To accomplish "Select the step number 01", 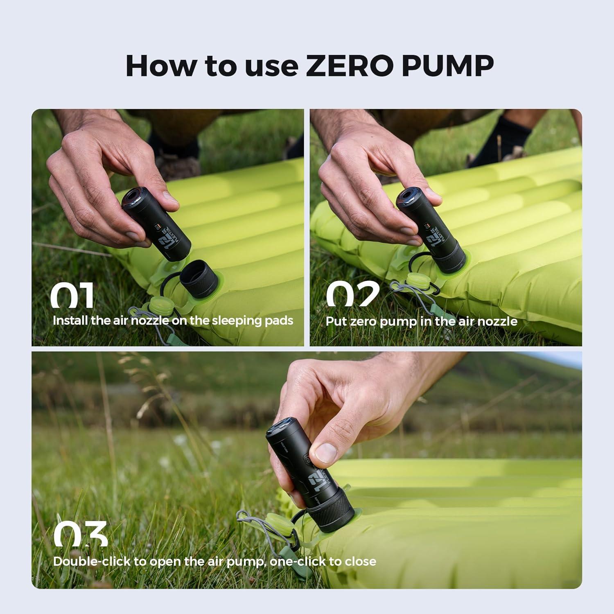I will [x=72, y=296].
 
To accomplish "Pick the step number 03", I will [x=81, y=534].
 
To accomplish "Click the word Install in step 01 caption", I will [x=70, y=321].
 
